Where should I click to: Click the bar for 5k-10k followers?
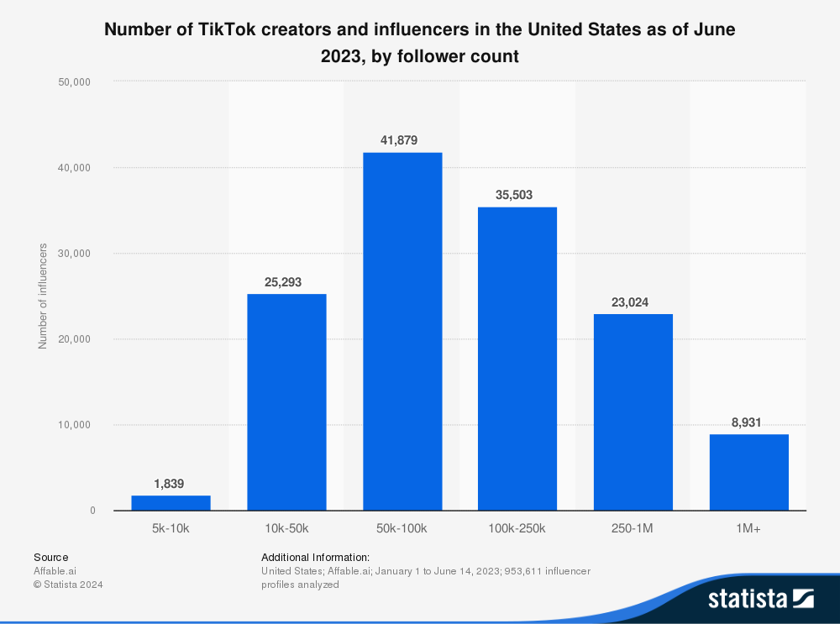171,502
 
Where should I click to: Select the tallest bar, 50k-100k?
402,332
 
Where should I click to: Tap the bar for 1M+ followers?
748,472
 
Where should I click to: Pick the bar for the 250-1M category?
633,412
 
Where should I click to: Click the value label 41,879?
399,140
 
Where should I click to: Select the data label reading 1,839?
169,484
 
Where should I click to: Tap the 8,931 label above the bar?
747,422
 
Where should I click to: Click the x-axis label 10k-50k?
286,528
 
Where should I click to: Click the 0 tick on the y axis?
92,511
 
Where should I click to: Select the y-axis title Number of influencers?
43,296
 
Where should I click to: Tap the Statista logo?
760,598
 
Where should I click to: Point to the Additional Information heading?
315,557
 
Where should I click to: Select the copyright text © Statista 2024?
68,585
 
